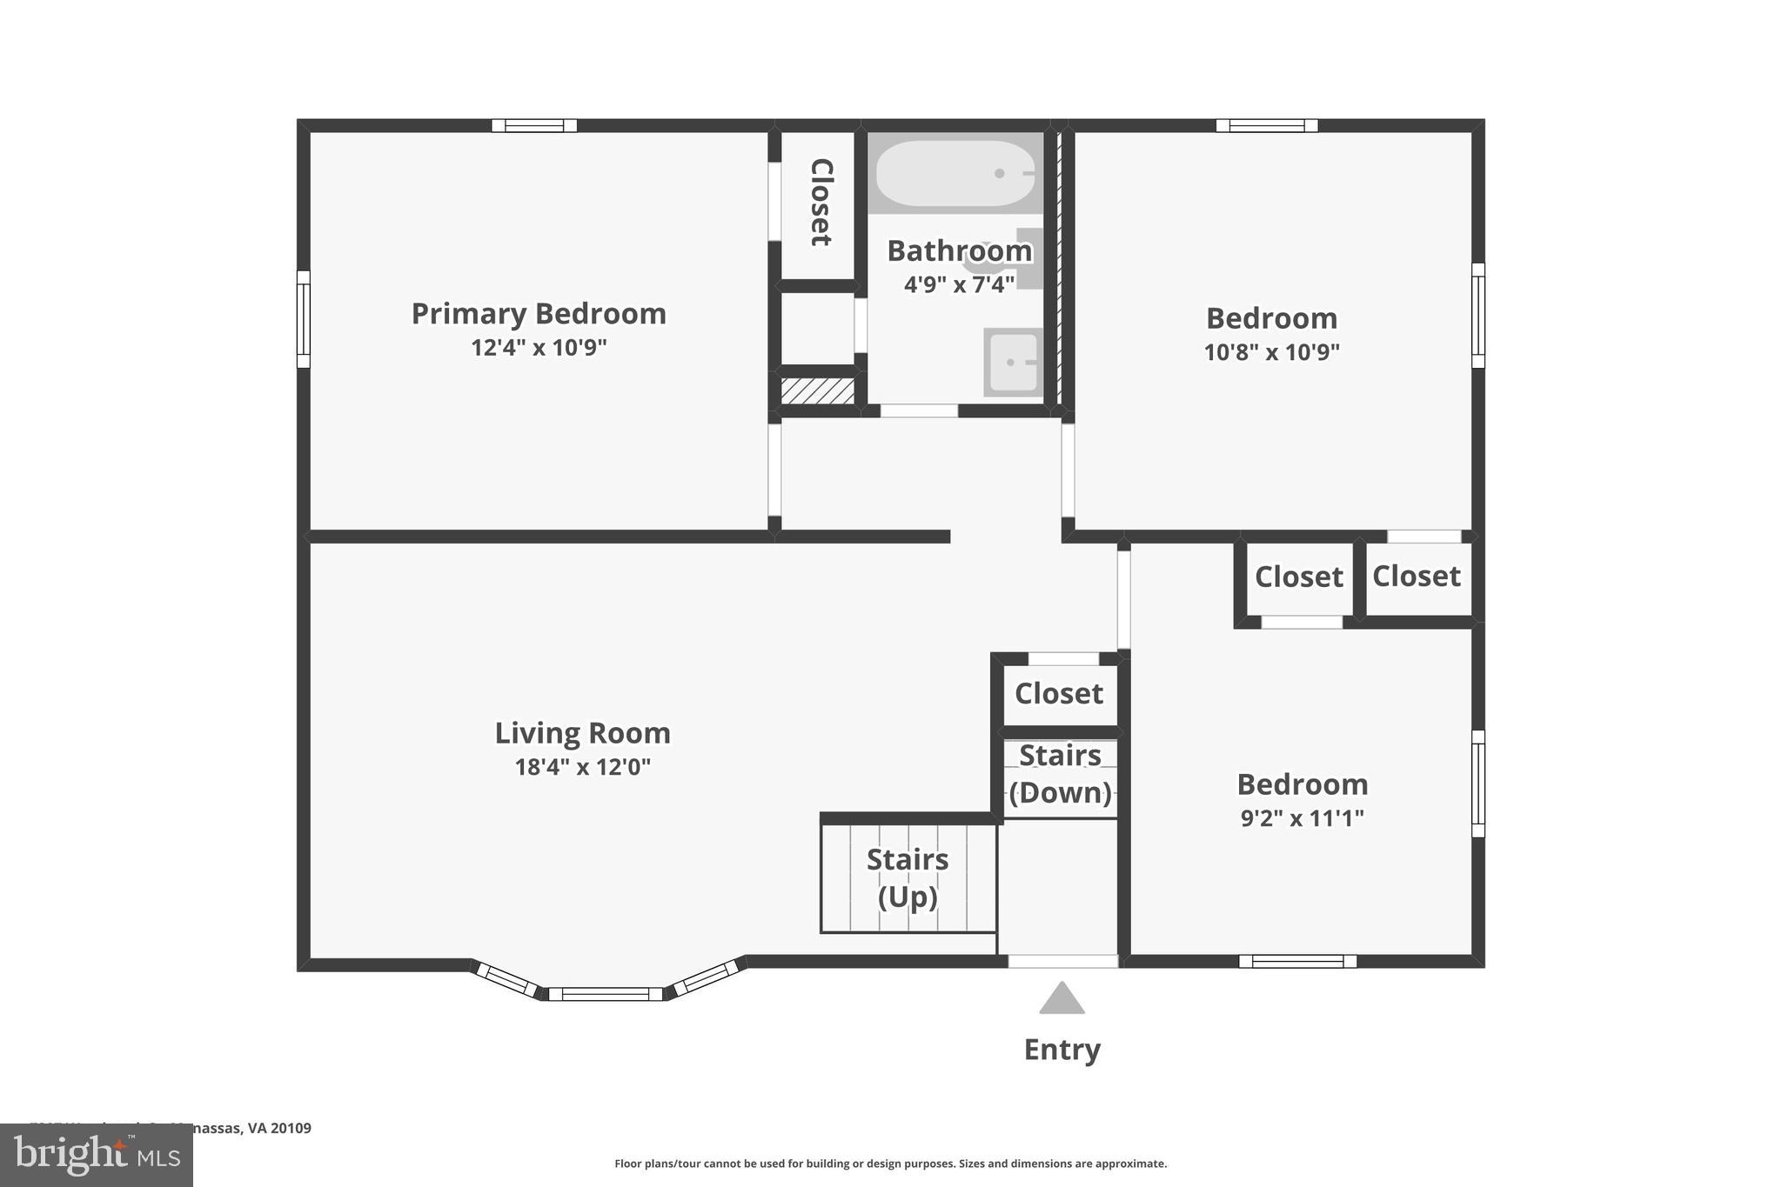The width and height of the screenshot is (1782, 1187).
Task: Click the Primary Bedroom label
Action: (x=539, y=314)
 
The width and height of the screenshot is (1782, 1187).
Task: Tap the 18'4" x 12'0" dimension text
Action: (x=582, y=767)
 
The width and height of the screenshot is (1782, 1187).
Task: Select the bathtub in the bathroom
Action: (x=955, y=174)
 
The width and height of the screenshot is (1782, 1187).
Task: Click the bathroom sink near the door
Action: (x=1013, y=362)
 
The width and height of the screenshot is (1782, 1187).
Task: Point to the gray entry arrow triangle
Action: (x=1062, y=1000)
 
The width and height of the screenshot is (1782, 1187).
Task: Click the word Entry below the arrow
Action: (x=1062, y=1050)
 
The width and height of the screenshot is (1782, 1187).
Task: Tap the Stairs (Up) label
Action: (x=908, y=877)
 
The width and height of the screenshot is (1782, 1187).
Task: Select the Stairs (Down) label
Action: (x=1060, y=774)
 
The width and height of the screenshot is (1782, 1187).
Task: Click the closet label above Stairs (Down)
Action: (x=1058, y=694)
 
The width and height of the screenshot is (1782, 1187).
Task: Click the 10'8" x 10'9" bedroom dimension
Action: (x=1271, y=352)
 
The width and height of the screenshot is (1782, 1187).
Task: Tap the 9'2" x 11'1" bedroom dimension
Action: (x=1302, y=818)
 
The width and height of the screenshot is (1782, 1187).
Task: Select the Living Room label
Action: (x=582, y=733)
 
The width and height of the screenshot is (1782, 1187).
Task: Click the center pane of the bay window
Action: (x=605, y=994)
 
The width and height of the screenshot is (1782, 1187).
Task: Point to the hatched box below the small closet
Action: (x=817, y=390)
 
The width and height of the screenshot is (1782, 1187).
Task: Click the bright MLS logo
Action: (x=97, y=1155)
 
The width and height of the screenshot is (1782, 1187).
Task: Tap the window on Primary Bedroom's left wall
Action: (x=303, y=318)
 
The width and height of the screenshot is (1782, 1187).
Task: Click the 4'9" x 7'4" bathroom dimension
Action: (x=959, y=284)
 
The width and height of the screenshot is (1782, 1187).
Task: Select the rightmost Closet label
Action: (x=1416, y=577)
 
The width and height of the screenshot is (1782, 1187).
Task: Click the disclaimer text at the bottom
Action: (x=890, y=1164)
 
